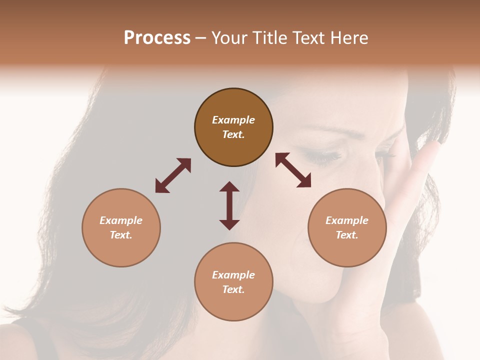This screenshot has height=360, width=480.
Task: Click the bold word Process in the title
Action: [157, 38]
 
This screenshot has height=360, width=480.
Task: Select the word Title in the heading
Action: [271, 38]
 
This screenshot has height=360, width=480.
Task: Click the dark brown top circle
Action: [233, 127]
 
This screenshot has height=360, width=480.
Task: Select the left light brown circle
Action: [121, 227]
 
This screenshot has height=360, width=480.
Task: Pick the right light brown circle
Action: [347, 227]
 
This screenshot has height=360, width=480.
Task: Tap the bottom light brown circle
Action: [233, 282]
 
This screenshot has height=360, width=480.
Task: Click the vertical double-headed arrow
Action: [229, 205]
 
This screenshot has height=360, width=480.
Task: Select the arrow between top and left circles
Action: [173, 175]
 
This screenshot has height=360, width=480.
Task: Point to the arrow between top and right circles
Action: [293, 170]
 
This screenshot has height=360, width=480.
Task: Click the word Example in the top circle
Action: [233, 120]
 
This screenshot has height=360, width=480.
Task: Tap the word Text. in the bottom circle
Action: [233, 289]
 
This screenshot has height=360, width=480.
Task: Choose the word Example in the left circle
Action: [121, 220]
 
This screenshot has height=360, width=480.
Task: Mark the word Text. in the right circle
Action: [347, 235]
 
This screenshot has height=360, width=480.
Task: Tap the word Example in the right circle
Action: [347, 220]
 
